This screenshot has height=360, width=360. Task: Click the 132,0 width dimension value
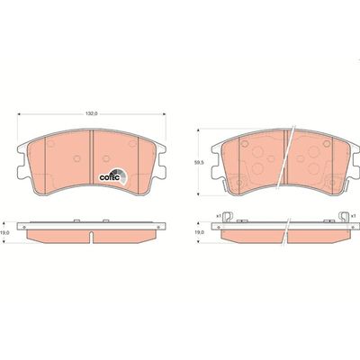90,114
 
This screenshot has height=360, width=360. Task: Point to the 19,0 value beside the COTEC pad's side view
7,231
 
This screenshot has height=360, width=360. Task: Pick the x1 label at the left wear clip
218,215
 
